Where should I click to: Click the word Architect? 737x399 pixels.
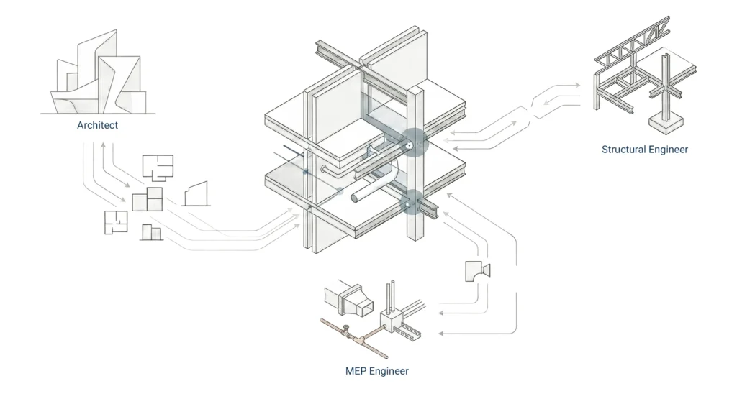coord(97,126)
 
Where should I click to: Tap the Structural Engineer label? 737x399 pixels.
coord(645,150)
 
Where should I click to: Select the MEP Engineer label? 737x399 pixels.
coord(376,371)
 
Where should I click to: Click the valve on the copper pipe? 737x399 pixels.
coord(346,330)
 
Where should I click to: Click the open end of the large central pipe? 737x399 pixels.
coord(355,196)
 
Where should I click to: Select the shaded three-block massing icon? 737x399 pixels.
coord(147,198)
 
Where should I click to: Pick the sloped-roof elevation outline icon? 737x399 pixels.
coord(196,193)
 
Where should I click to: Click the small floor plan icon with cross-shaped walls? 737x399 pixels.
coord(115,222)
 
